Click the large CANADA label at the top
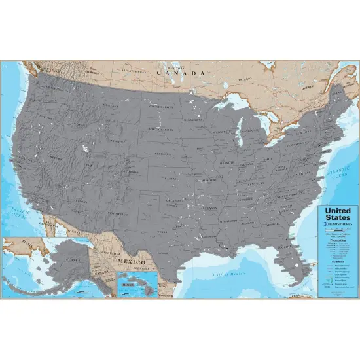click(181, 73)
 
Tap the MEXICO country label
click(132, 261)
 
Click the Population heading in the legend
click(338, 241)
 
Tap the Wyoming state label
click(118, 139)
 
